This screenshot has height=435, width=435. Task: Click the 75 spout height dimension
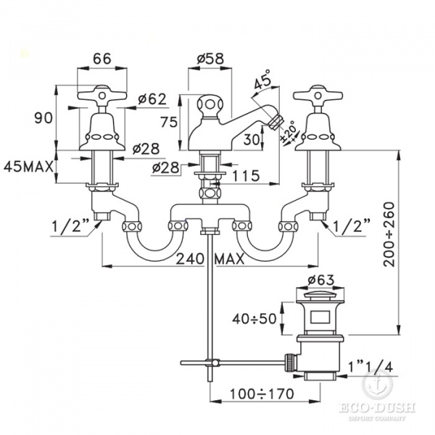[169, 123]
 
